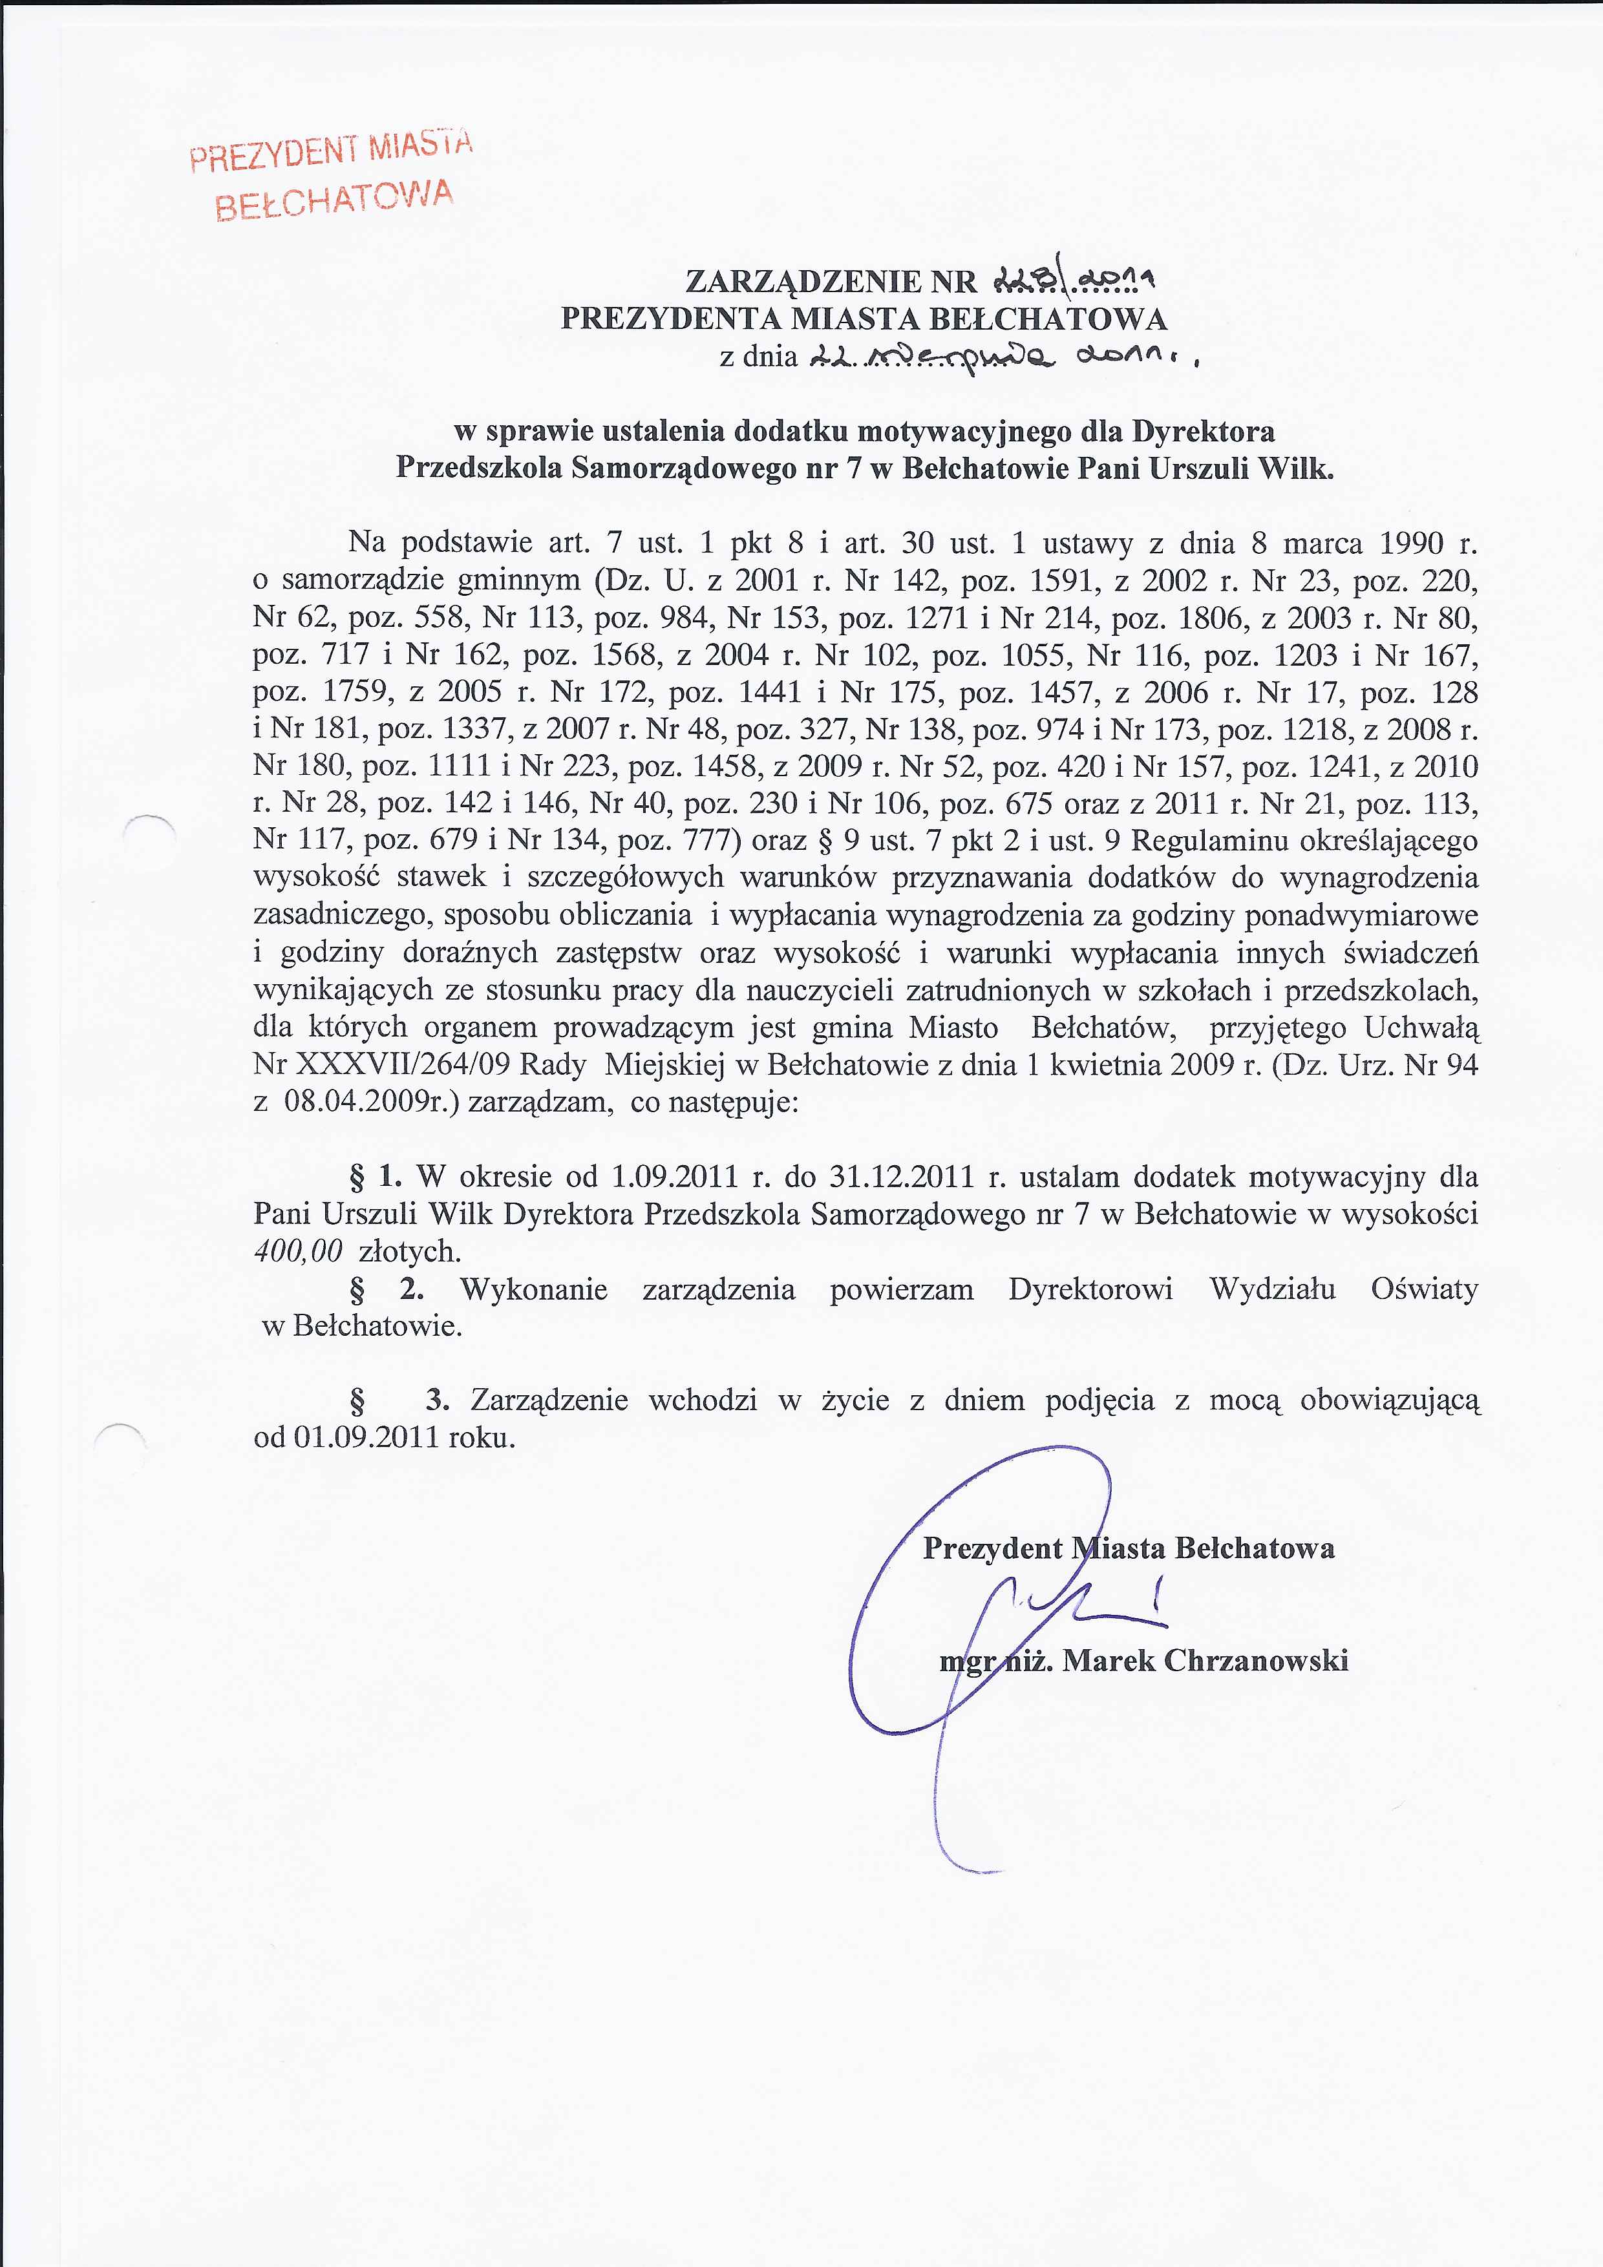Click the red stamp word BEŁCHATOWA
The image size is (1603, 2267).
334,200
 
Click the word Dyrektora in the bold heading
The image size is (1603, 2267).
1203,432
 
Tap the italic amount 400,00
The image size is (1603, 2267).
297,1252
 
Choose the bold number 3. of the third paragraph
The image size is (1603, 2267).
438,1400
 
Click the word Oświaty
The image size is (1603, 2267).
1424,1289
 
